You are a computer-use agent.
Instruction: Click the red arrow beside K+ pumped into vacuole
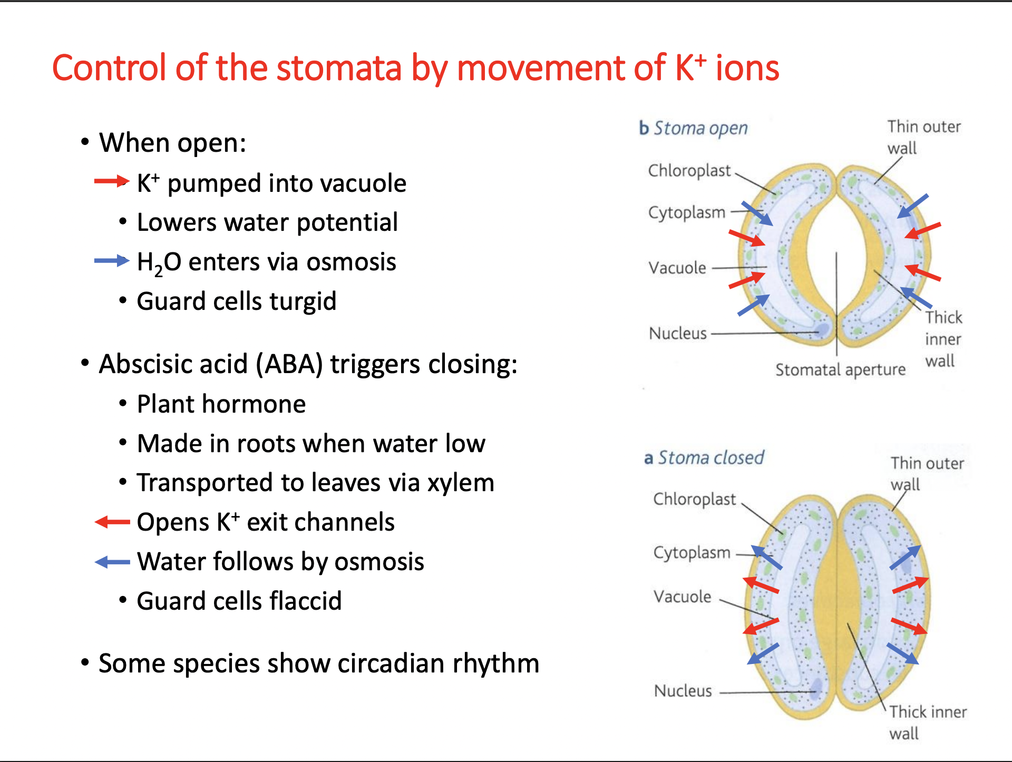tap(111, 182)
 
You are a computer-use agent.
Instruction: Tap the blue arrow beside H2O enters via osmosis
tap(111, 260)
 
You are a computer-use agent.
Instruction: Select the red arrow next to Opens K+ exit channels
tap(112, 522)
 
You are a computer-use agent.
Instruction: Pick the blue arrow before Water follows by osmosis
tap(112, 562)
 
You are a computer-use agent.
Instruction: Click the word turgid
tap(303, 301)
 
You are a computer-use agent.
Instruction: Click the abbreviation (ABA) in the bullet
tap(289, 364)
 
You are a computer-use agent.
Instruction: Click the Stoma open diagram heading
tap(694, 128)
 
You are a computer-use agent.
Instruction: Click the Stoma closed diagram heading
tap(704, 457)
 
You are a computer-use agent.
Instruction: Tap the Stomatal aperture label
tap(840, 370)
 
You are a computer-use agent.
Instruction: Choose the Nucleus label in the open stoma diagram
tap(678, 333)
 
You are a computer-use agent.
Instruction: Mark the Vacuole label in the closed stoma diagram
tap(682, 597)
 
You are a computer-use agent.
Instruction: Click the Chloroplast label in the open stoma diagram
tap(689, 170)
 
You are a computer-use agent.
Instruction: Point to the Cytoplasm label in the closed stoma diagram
tap(692, 552)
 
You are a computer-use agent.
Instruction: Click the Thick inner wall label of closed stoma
tap(928, 722)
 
